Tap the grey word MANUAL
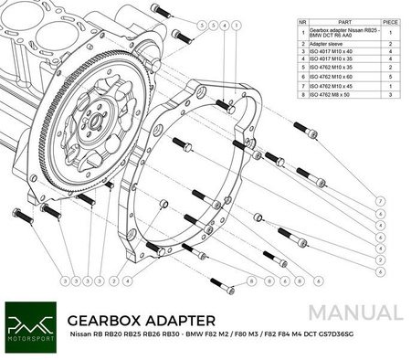(x=353, y=311)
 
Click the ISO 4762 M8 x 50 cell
(x=337, y=93)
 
